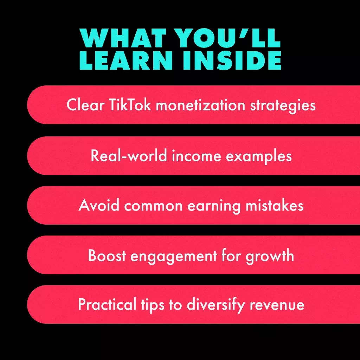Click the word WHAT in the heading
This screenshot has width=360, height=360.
(123, 38)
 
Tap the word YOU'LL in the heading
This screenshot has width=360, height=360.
(227, 38)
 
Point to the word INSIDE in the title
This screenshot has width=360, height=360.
(232, 60)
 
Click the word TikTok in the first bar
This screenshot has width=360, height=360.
(130, 105)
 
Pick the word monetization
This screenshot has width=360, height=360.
(201, 105)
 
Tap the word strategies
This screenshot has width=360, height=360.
(283, 106)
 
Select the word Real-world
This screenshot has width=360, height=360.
(129, 155)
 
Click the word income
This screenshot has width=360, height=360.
(196, 156)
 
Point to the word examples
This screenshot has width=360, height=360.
(259, 156)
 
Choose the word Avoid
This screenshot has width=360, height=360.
(99, 205)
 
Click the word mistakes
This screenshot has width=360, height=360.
(275, 205)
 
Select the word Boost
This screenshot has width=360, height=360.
(107, 255)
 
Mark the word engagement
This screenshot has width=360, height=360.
(174, 256)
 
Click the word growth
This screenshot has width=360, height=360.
(270, 256)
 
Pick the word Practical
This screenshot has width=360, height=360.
(107, 304)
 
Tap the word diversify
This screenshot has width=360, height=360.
(216, 305)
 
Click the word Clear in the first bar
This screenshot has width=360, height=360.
(85, 105)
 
